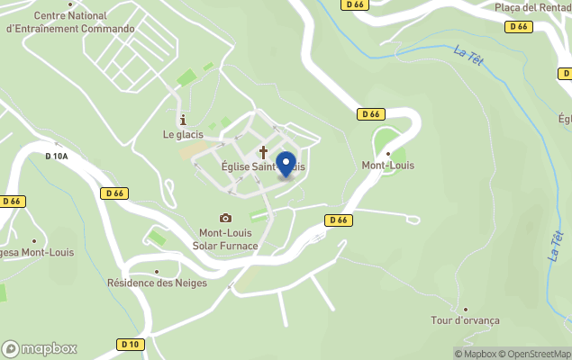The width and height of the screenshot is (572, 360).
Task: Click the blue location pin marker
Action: point(286,165)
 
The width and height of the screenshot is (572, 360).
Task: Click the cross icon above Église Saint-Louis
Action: point(264,152)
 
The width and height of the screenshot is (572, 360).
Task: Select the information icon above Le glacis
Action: point(183,120)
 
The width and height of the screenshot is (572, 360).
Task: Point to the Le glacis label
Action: point(183,135)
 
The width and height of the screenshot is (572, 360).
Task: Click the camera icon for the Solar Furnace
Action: point(225,218)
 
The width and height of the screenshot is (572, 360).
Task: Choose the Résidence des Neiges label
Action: point(157,283)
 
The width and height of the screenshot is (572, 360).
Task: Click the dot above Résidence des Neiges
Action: point(157,270)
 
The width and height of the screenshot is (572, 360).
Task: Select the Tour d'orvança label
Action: point(465,320)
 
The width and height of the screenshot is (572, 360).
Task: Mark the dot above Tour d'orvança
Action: point(465,308)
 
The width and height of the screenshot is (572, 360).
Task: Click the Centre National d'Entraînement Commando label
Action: point(69,22)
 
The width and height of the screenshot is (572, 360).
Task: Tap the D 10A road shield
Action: point(56,157)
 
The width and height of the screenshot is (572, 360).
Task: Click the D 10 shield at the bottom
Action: point(130,345)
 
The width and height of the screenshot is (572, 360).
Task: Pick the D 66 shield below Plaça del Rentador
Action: point(518,27)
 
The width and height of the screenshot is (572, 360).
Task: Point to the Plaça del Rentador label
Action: point(532,7)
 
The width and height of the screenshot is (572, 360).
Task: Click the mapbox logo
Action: point(40,348)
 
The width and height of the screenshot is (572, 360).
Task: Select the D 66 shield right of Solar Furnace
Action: point(338,220)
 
